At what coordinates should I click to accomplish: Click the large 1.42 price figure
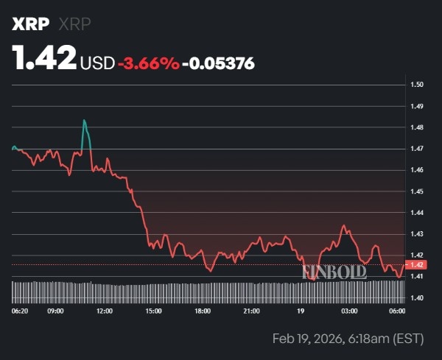(x=44, y=59)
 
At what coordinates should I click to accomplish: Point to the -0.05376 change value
(x=219, y=63)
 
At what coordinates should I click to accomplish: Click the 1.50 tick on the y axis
(x=417, y=85)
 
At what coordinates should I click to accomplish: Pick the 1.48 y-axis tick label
(x=417, y=128)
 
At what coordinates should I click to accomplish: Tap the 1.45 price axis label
(x=417, y=191)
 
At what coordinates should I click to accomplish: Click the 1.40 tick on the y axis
(x=417, y=298)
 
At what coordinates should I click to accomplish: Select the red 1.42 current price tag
(x=417, y=265)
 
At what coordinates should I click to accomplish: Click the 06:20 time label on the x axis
(x=21, y=311)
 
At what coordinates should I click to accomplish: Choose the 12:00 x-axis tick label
(x=105, y=311)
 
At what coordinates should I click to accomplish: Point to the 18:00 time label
(x=203, y=311)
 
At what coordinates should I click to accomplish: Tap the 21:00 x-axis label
(x=251, y=311)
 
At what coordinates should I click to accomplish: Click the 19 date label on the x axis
(x=301, y=311)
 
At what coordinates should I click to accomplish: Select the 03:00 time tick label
(x=349, y=311)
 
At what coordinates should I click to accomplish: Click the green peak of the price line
(x=85, y=121)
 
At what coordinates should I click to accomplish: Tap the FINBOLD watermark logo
(x=334, y=272)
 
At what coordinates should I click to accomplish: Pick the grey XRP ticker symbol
(x=75, y=24)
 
